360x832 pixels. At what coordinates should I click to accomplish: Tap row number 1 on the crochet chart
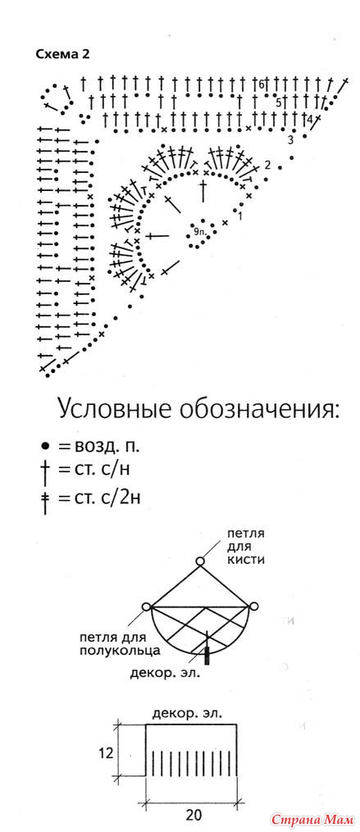tap(240, 216)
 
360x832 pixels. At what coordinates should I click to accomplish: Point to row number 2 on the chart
tap(267, 165)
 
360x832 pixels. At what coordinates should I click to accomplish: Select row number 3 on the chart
tap(290, 140)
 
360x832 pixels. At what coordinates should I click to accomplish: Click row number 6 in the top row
tap(262, 84)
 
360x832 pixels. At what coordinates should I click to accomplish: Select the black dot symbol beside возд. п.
tap(45, 446)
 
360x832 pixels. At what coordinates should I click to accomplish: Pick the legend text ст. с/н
tap(103, 469)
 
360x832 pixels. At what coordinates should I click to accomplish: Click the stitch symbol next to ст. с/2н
tap(46, 501)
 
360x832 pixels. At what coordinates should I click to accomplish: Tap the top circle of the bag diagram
tap(200, 561)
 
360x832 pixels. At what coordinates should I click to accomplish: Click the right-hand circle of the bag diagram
tap(253, 607)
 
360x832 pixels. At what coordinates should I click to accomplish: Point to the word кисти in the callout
tap(245, 561)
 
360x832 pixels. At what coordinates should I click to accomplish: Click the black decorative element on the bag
tap(207, 656)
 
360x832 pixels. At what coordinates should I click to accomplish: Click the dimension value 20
tap(193, 813)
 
